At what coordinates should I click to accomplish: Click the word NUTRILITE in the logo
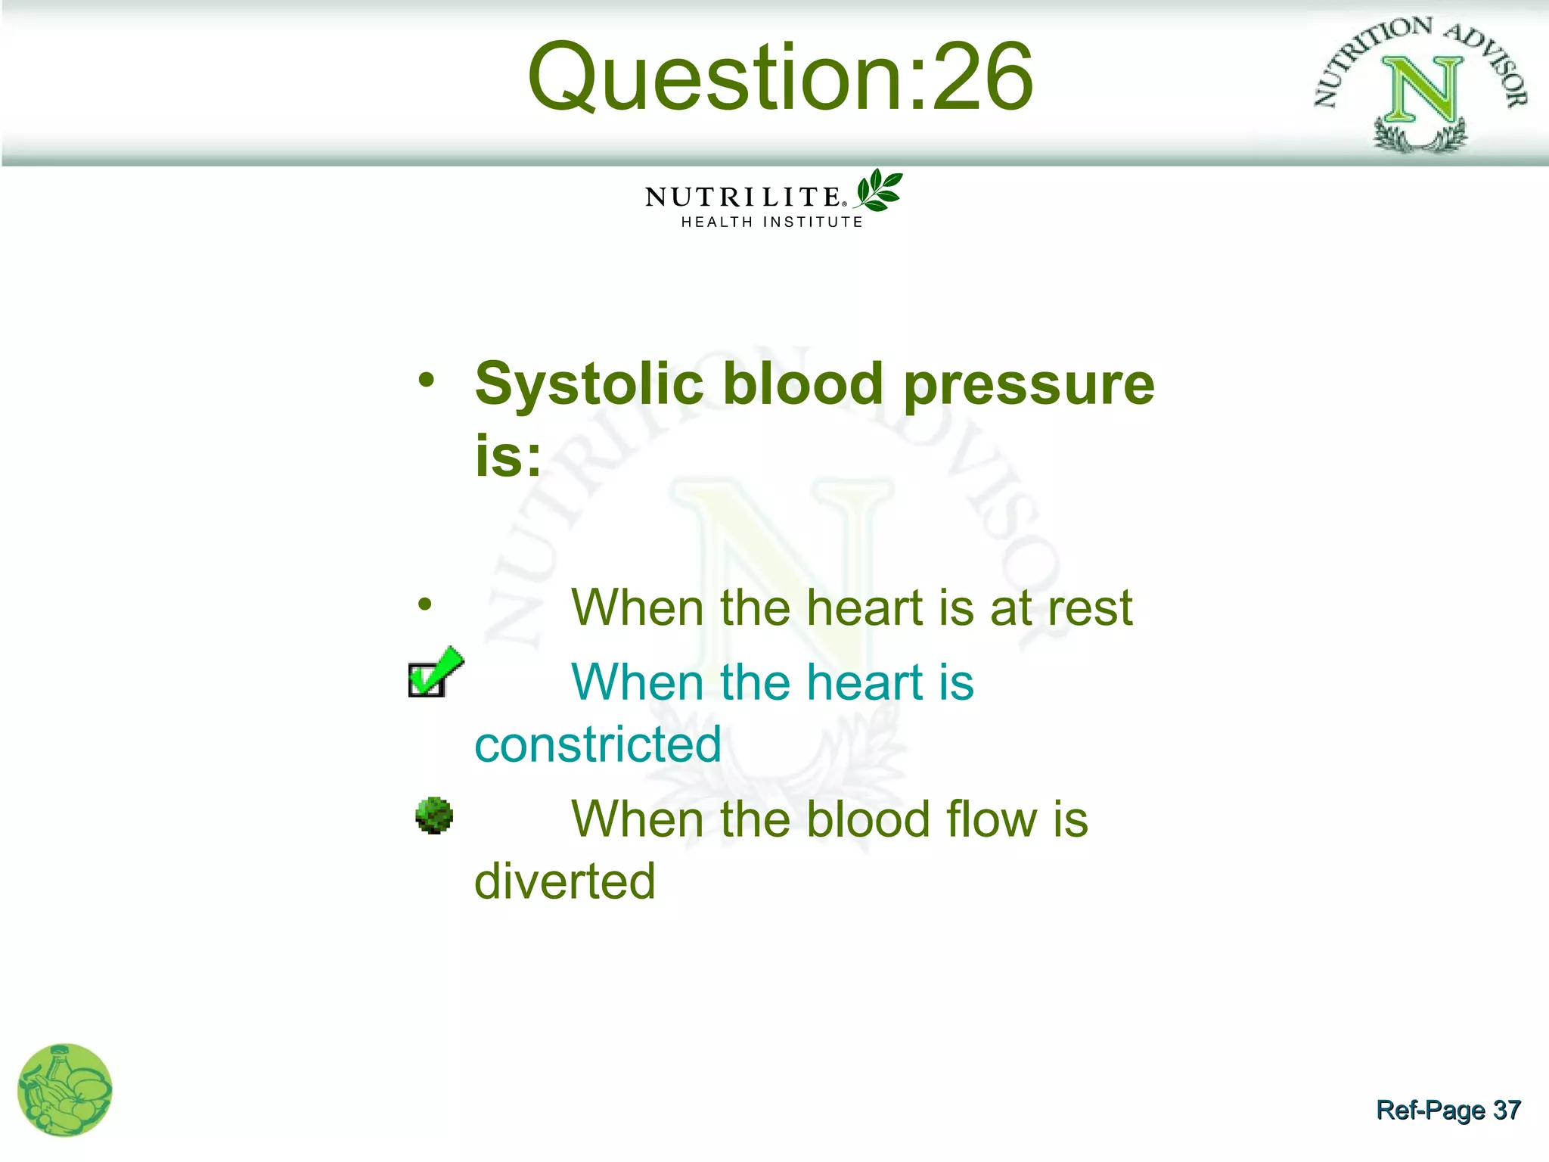(x=743, y=197)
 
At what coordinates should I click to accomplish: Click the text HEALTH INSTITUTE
(x=771, y=222)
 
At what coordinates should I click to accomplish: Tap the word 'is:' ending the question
(x=508, y=456)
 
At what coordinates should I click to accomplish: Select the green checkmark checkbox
(x=433, y=673)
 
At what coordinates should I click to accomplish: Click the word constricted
(x=598, y=744)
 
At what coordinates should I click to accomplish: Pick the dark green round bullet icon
(x=434, y=816)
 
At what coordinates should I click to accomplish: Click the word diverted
(x=564, y=881)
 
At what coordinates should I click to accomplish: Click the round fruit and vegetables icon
(x=65, y=1090)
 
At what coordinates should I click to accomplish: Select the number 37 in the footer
(x=1506, y=1110)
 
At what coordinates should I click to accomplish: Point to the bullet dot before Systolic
(x=427, y=380)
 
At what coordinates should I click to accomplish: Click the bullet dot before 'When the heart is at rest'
(x=425, y=604)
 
